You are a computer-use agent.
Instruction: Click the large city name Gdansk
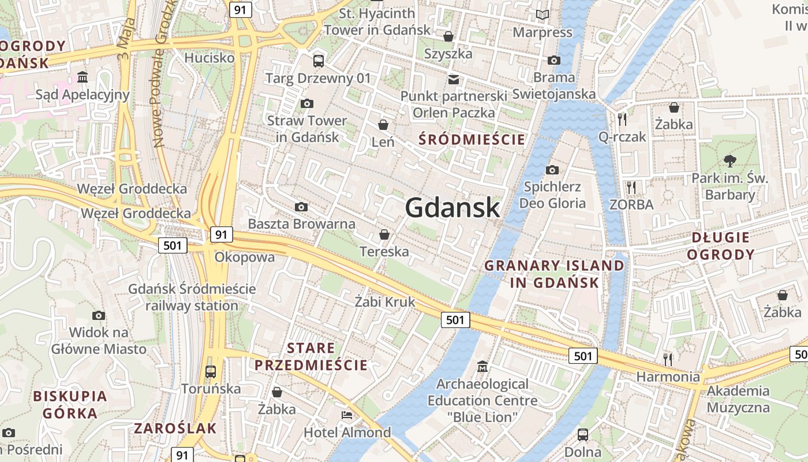452,207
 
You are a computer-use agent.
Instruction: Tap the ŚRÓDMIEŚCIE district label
472,139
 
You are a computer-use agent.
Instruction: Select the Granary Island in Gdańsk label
554,274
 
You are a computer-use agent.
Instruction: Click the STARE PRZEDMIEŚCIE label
311,356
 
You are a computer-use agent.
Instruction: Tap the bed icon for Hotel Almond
346,415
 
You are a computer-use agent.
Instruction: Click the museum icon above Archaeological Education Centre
482,366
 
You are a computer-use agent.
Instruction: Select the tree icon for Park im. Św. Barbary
730,161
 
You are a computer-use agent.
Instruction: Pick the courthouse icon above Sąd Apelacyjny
83,77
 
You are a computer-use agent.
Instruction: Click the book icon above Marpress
542,14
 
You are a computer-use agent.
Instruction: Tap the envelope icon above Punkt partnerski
454,79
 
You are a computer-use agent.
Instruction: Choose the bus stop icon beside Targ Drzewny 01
318,61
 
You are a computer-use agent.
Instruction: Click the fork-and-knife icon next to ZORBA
631,187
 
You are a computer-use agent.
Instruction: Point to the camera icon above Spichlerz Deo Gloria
552,170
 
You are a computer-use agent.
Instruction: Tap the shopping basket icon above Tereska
384,234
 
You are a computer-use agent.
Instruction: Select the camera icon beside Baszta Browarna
301,207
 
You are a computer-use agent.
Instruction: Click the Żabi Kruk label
385,301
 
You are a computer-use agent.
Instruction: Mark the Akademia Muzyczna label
738,399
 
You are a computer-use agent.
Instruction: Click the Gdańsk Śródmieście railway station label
192,297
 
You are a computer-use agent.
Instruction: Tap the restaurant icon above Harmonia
668,359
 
